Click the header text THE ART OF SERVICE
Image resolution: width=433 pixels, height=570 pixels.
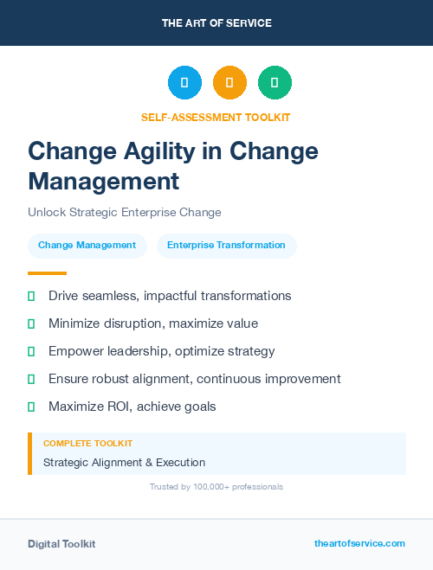(216, 23)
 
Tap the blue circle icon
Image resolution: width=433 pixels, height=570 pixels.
(184, 83)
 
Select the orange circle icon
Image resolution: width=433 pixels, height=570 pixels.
(229, 83)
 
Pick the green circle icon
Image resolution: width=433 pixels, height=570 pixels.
(275, 83)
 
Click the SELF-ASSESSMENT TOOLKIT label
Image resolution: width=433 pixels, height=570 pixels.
(216, 117)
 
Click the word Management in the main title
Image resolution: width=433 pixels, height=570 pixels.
(103, 181)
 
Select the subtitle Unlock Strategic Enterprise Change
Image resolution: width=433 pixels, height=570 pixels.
(124, 212)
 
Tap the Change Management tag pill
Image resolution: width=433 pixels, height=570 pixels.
(87, 246)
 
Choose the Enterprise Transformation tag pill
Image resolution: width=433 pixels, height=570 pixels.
(226, 246)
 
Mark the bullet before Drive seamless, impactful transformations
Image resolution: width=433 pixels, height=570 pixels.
(31, 297)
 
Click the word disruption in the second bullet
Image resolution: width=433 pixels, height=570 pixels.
(132, 323)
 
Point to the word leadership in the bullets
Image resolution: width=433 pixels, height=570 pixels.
(143, 351)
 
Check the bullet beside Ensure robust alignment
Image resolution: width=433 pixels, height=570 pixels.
(31, 379)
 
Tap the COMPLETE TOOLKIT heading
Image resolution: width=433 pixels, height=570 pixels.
(87, 444)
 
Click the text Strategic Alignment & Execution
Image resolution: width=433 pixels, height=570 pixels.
(124, 463)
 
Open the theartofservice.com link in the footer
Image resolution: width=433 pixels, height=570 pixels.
(359, 543)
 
